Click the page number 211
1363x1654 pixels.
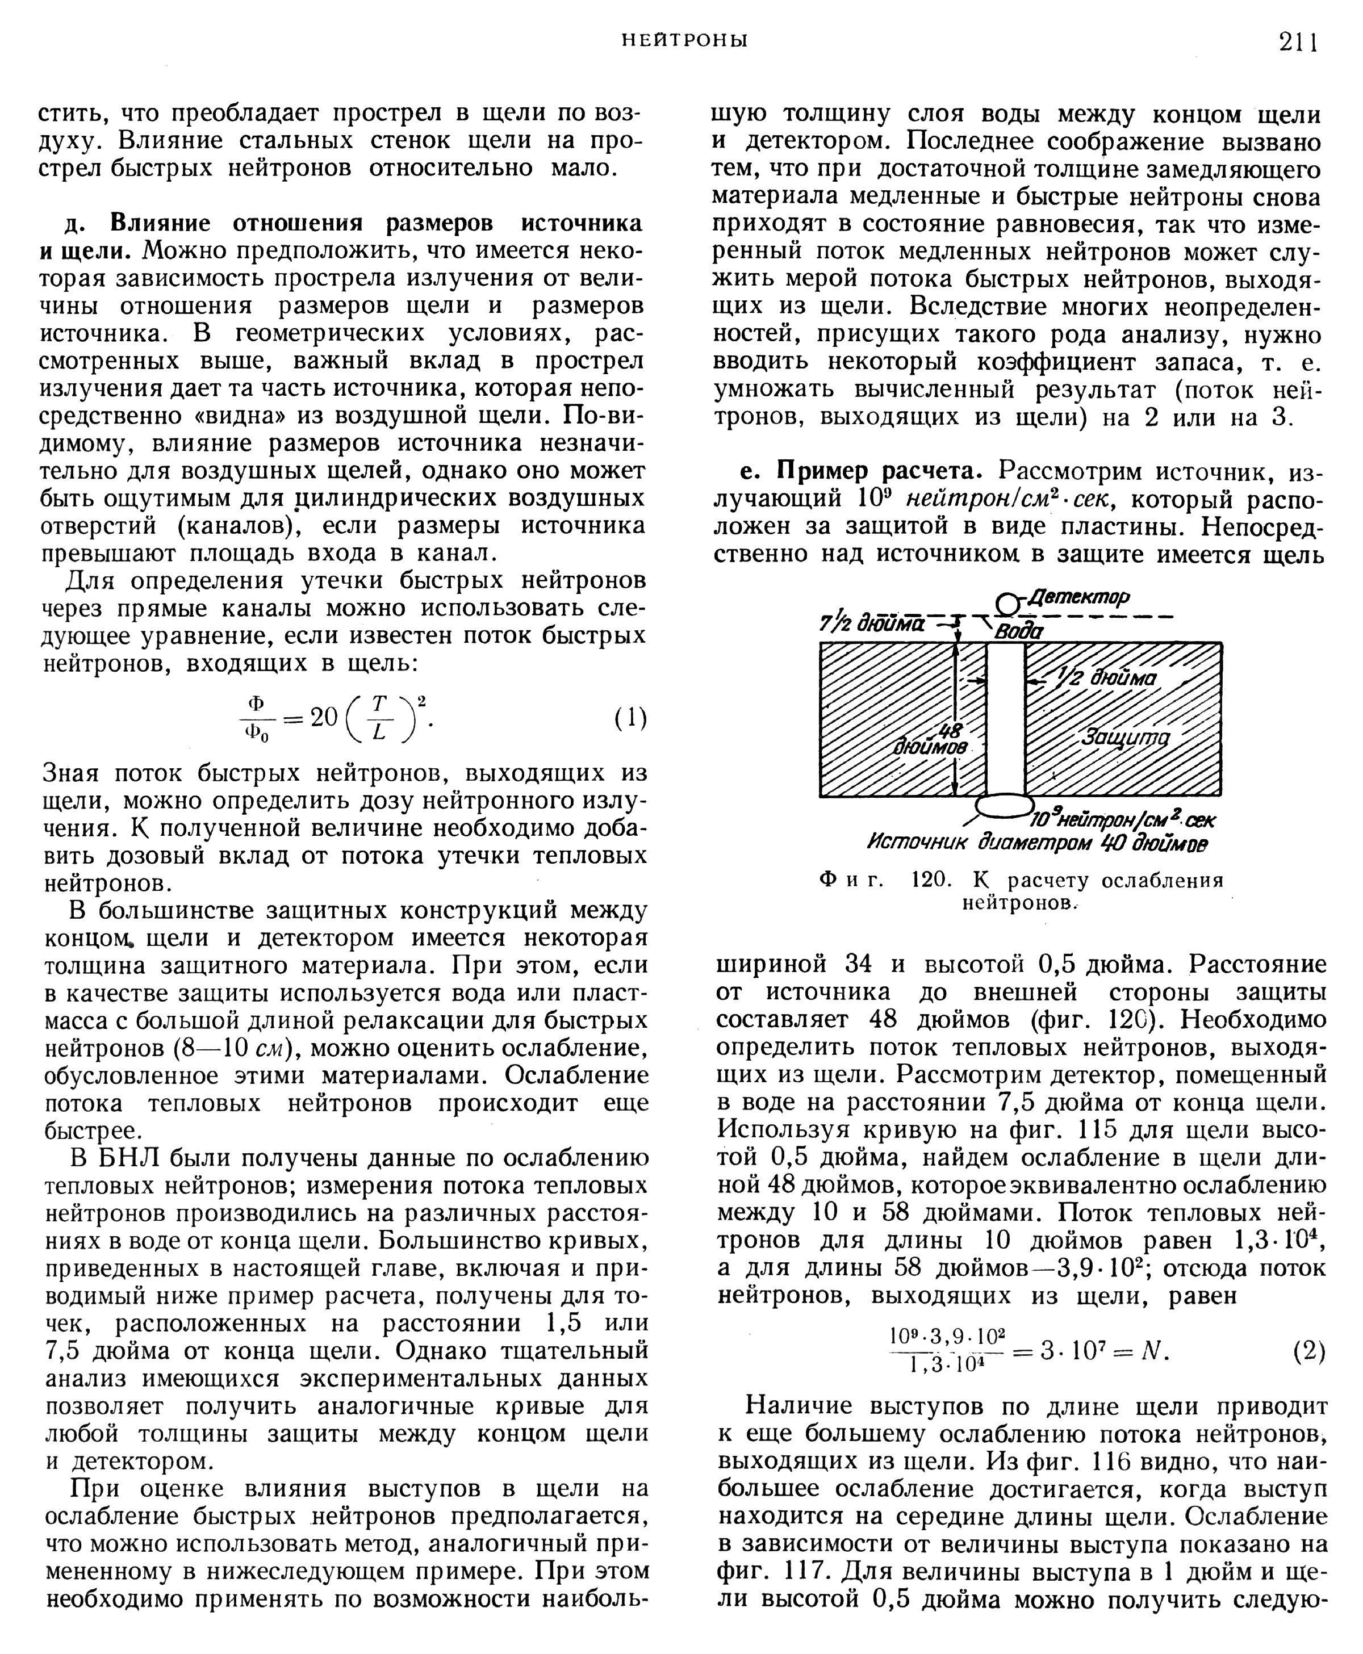1298,41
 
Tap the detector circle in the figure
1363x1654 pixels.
1006,604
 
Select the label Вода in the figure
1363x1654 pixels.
1019,632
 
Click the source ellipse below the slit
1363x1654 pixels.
1004,805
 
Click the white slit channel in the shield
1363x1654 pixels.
1006,718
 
